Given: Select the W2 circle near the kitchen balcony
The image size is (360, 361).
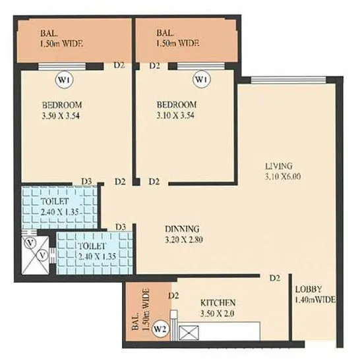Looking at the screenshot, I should point(160,327).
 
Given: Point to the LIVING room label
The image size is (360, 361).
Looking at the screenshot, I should point(278,165).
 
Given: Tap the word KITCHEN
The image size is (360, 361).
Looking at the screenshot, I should point(219,302).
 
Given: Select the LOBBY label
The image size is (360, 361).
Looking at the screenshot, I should point(309,289).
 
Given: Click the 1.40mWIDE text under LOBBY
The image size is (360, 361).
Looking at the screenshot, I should point(315,300).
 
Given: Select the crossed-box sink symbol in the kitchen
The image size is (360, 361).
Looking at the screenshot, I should point(189,334).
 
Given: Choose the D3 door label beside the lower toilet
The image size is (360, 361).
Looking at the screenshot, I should point(121,227).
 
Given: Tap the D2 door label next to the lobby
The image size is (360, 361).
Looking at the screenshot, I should point(275,278).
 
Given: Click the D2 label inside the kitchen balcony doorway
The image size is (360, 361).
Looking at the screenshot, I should point(173,296).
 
